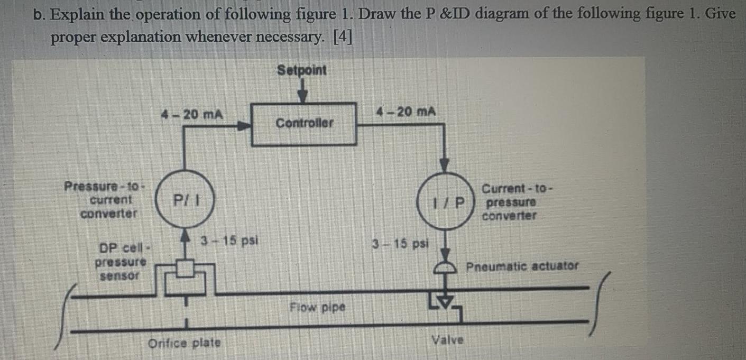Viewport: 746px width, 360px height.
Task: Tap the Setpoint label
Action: (x=302, y=70)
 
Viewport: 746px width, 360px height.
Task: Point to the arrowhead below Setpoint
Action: (x=302, y=97)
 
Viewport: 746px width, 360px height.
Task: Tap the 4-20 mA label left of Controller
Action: (x=191, y=114)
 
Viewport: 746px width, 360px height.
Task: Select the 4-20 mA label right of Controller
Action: (x=406, y=112)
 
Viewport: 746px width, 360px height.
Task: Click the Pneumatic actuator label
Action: (x=522, y=266)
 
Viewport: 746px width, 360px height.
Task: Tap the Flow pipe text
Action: (x=317, y=307)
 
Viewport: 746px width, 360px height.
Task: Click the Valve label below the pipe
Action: (x=448, y=339)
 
